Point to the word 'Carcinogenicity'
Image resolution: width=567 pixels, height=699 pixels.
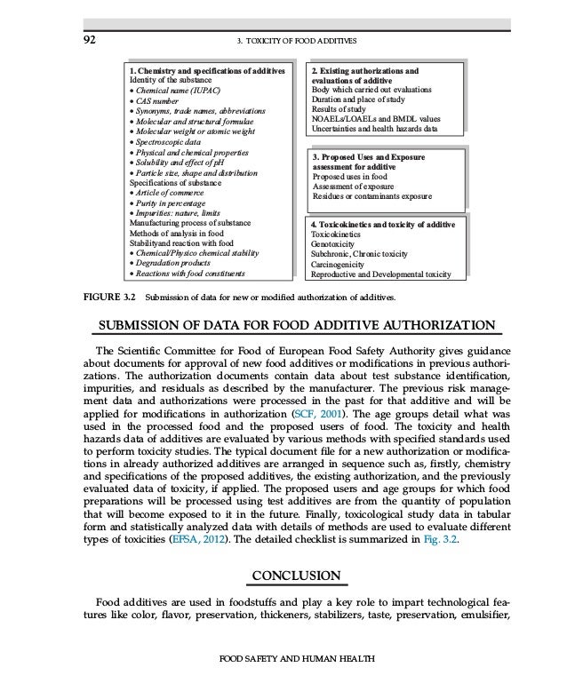pos(341,263)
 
